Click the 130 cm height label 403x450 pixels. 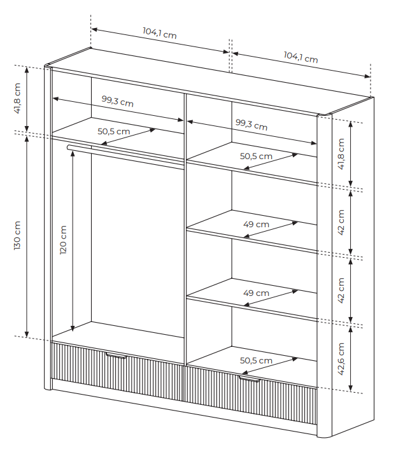point(17,236)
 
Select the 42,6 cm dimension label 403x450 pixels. point(341,359)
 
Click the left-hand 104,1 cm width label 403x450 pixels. point(159,33)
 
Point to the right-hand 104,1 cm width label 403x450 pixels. point(300,57)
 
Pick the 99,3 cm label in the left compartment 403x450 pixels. point(117,101)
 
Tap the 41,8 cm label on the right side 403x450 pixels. point(341,154)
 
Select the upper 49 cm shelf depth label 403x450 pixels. point(256,224)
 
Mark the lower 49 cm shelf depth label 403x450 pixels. point(256,293)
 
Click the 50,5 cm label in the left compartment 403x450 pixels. point(113,132)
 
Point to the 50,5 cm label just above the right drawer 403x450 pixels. point(256,360)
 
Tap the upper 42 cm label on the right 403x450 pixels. point(341,221)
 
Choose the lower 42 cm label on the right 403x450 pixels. point(341,290)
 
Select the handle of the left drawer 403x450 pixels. point(117,356)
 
